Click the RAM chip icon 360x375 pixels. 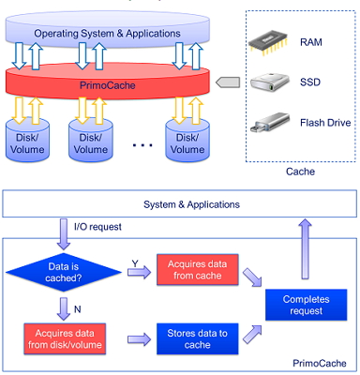pos(268,43)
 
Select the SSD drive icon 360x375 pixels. pos(270,82)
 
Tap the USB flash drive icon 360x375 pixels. pos(270,122)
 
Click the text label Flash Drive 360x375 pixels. pos(325,123)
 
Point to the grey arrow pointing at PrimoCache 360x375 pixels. pos(228,82)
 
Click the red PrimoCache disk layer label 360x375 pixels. pos(108,85)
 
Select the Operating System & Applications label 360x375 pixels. pos(107,34)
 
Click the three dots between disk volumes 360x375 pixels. pos(142,145)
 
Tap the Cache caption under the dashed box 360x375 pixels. pos(300,172)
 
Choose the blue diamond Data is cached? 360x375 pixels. pos(64,272)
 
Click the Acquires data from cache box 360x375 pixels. pos(198,270)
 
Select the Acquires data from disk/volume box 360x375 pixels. pos(65,338)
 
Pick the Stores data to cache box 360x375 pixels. pos(198,338)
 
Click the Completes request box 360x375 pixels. pos(307,305)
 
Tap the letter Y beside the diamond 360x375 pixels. pos(135,264)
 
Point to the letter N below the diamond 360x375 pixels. pos(78,309)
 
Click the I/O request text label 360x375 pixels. pos(97,227)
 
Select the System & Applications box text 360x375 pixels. pos(191,204)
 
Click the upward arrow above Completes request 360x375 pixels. pos(305,248)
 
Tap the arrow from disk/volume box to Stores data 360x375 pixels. pos(139,339)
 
